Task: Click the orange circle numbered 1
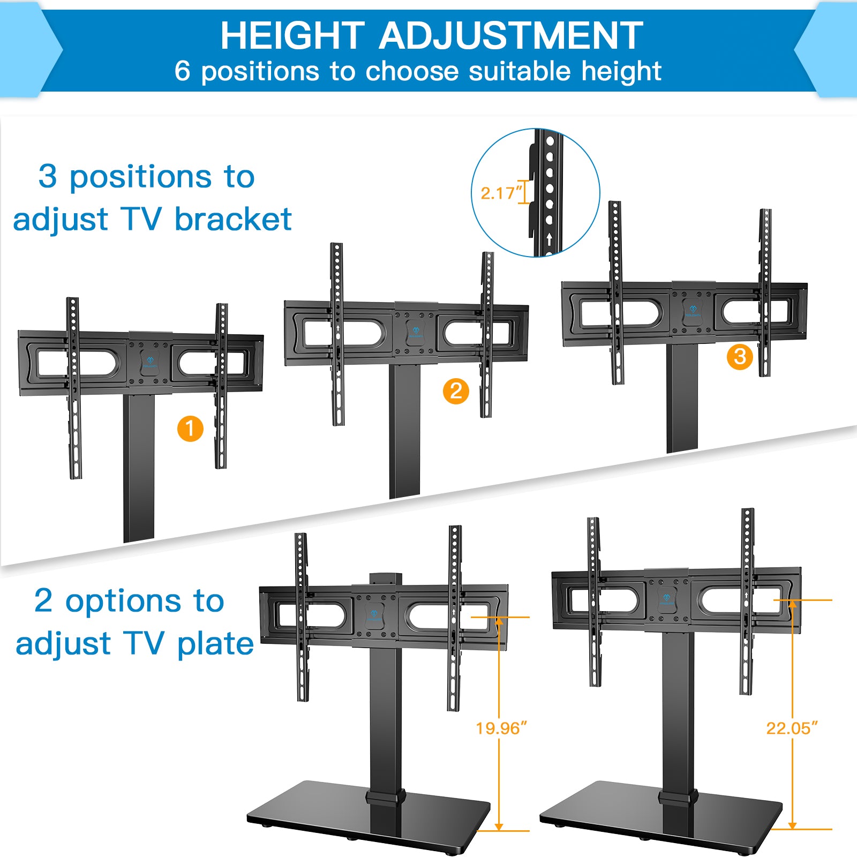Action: tap(190, 428)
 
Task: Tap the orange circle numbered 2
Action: tap(456, 391)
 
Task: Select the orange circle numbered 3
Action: tap(740, 356)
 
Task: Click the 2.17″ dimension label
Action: tap(501, 193)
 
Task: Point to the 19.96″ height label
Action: tap(501, 728)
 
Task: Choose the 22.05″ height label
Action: tap(792, 728)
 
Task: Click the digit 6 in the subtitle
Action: tap(182, 71)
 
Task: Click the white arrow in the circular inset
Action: tap(549, 239)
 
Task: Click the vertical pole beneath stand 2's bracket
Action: tap(404, 431)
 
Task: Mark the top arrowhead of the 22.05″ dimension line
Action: tap(793, 605)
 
